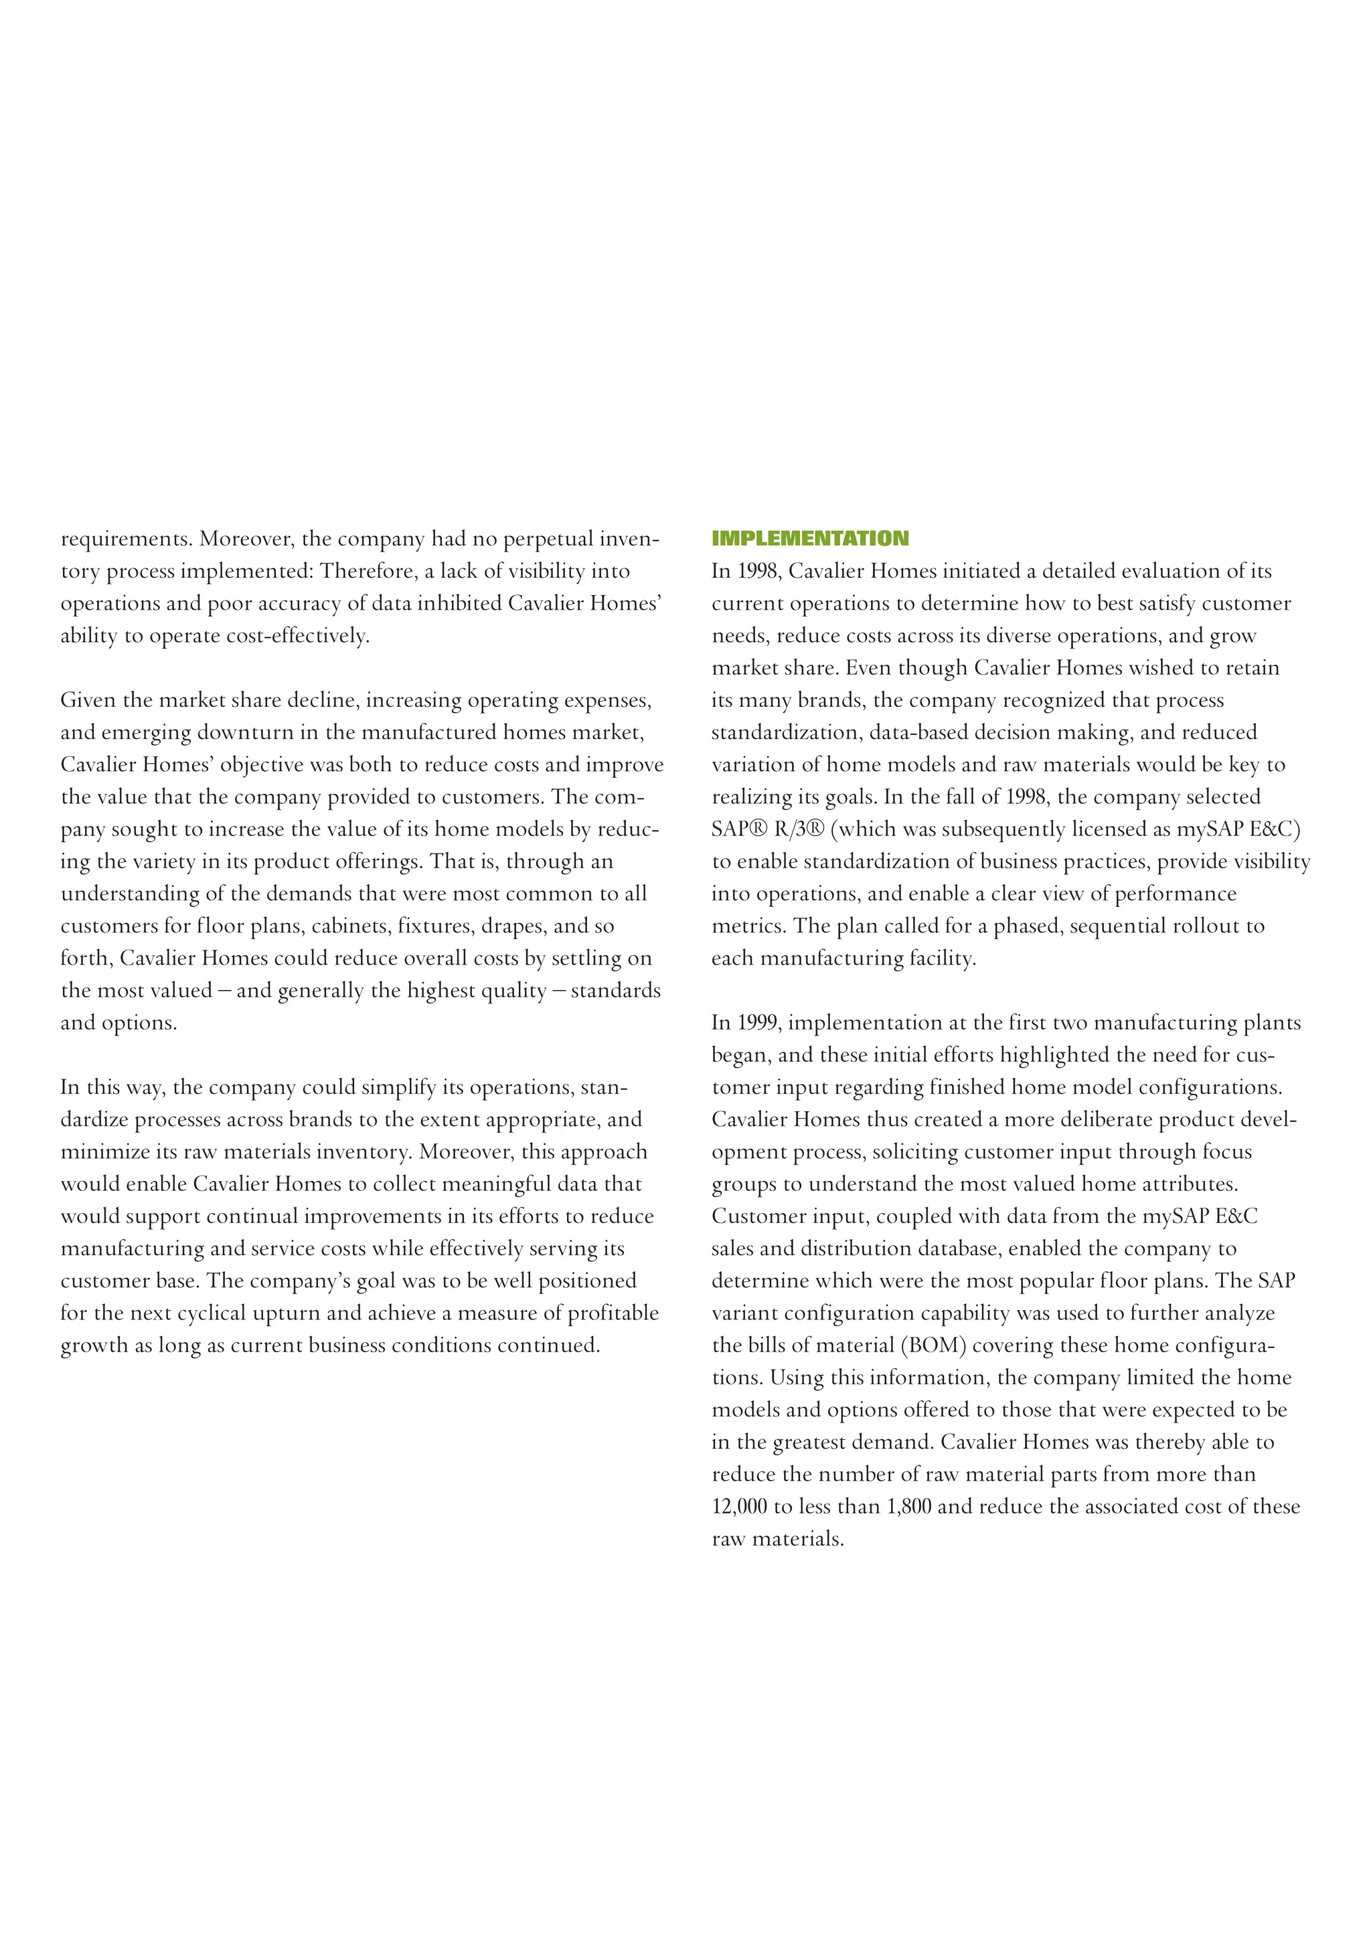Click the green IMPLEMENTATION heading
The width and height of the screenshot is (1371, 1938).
tap(809, 538)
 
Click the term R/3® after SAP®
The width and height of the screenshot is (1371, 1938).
tap(799, 829)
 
